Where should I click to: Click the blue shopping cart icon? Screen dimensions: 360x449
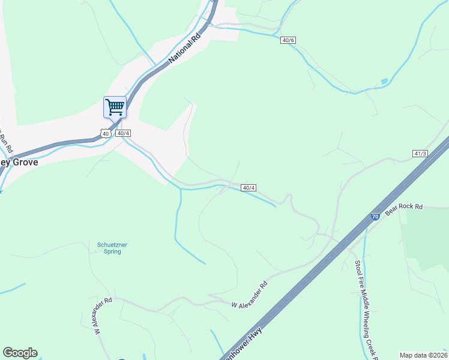tap(115, 107)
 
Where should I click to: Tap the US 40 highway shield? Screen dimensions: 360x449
tap(106, 133)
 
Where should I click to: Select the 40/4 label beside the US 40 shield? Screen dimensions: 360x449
tap(122, 133)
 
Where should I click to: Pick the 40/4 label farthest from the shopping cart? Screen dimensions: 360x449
tap(249, 188)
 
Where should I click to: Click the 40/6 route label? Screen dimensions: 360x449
tap(288, 40)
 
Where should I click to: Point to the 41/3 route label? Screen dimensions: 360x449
tap(420, 154)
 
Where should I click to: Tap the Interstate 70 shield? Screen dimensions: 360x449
tap(375, 217)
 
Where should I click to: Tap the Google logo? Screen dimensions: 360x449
tap(20, 353)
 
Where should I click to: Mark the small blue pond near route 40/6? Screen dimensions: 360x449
tap(384, 81)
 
